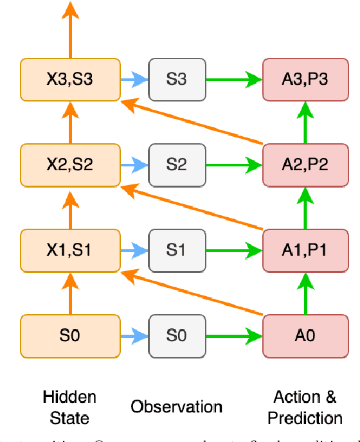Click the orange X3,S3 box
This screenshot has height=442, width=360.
pyautogui.click(x=70, y=80)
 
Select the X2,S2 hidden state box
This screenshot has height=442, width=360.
pyautogui.click(x=70, y=164)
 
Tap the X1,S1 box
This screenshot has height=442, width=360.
pyautogui.click(x=70, y=250)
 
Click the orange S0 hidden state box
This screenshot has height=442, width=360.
pyautogui.click(x=70, y=335)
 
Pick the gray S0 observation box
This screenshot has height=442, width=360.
pyautogui.click(x=177, y=335)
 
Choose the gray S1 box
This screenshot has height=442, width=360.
pyautogui.click(x=177, y=250)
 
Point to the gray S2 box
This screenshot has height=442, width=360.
pyautogui.click(x=177, y=164)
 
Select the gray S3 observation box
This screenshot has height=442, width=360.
pyautogui.click(x=177, y=80)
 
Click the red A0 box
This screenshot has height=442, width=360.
pyautogui.click(x=305, y=335)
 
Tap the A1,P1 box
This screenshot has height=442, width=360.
pyautogui.click(x=305, y=250)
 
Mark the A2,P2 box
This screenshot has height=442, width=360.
pyautogui.click(x=305, y=164)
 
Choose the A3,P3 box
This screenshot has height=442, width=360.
pyautogui.click(x=305, y=80)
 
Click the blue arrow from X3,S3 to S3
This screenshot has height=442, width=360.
pyautogui.click(x=134, y=80)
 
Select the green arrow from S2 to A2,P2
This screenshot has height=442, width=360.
pyautogui.click(x=234, y=164)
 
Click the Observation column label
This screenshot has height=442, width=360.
pyautogui.click(x=177, y=407)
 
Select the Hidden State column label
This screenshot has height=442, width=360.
pyautogui.click(x=69, y=407)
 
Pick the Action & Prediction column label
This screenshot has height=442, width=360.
pyautogui.click(x=305, y=407)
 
